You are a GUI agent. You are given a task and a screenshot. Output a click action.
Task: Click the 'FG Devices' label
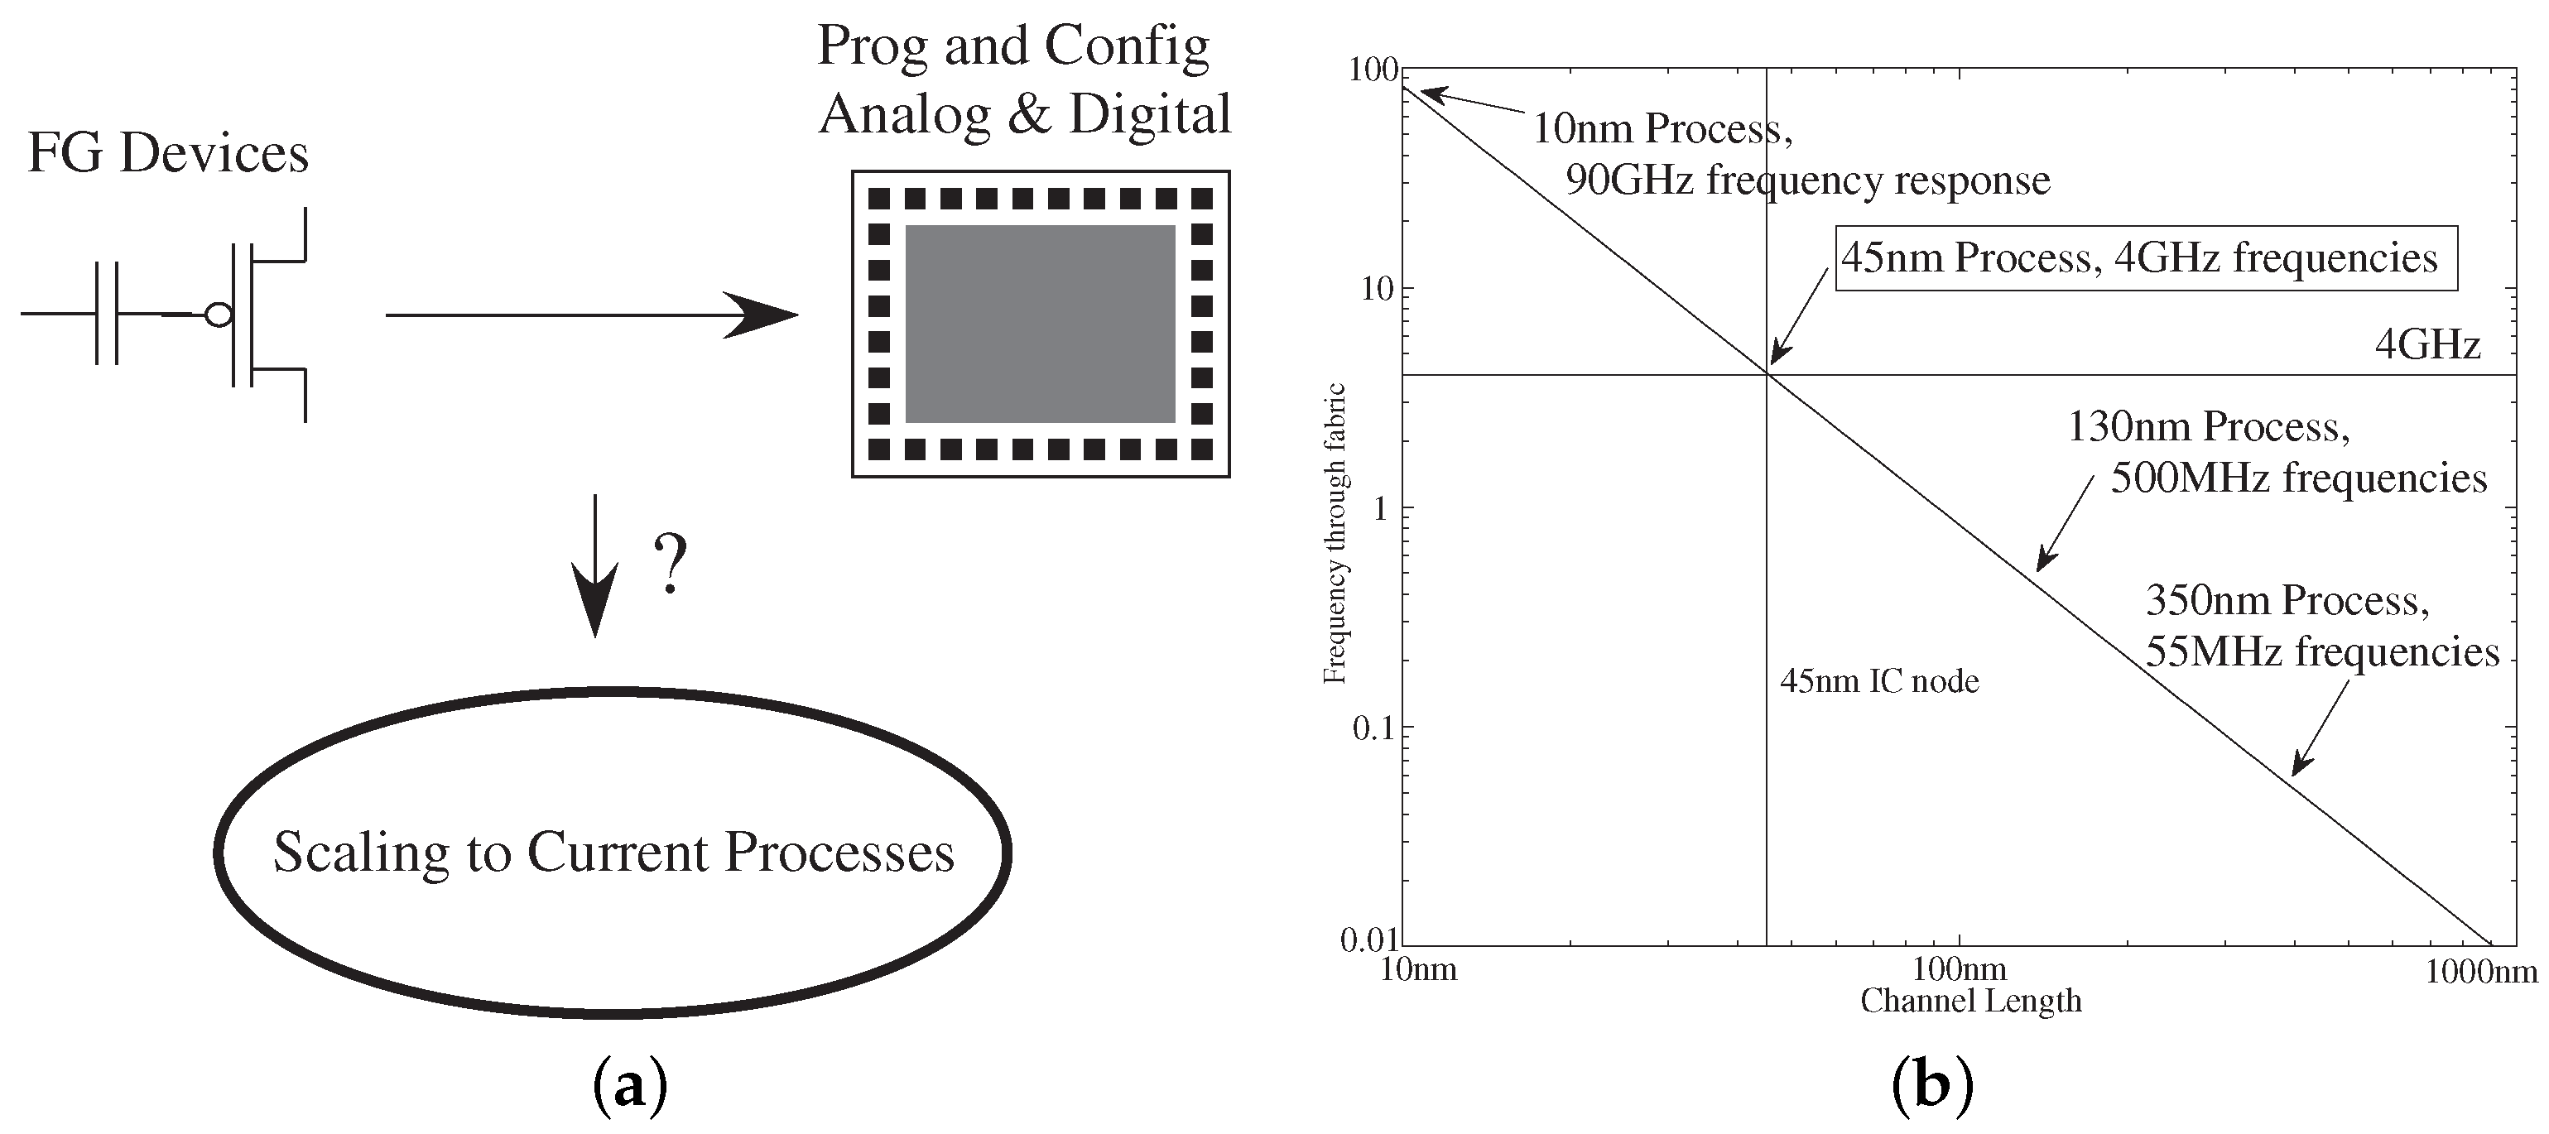167,153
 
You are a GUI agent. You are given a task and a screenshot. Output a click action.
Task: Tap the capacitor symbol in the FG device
107,314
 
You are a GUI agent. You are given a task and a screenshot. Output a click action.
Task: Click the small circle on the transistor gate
218,315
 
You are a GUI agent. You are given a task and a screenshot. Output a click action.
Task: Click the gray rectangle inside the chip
1040,324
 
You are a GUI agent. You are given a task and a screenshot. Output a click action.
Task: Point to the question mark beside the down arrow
671,563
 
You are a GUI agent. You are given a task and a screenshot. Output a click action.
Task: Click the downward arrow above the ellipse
594,564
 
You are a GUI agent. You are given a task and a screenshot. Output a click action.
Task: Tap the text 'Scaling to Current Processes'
613,852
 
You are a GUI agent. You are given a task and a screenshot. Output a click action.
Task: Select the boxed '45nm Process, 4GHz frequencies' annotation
2145,258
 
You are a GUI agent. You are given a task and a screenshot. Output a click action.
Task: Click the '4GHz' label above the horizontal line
2426,344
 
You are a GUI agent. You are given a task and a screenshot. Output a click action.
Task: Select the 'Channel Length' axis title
1970,1001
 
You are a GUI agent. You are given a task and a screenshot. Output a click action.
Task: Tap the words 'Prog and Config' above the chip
1012,46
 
